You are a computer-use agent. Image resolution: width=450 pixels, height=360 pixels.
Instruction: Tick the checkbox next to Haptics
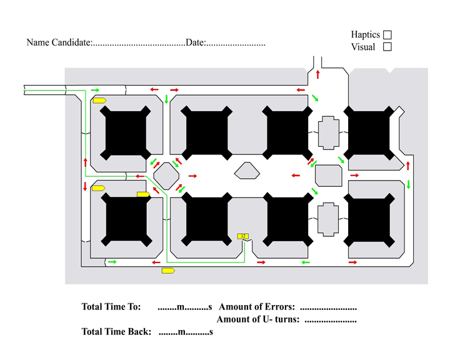click(387, 35)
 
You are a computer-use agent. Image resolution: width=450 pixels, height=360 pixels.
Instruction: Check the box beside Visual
click(387, 46)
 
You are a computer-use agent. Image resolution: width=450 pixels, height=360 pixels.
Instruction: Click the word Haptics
click(365, 35)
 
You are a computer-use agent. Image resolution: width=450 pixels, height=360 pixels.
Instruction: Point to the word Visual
click(363, 47)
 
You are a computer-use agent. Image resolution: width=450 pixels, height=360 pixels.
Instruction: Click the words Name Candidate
click(59, 43)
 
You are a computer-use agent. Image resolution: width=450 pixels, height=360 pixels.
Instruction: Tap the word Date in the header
click(195, 43)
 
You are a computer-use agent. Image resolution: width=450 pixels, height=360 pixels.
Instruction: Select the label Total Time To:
click(111, 307)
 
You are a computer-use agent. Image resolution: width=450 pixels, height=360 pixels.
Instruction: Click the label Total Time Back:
click(116, 332)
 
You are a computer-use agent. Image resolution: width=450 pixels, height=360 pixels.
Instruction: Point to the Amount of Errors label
click(257, 307)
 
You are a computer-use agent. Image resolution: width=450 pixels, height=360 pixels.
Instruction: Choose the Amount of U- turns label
click(258, 320)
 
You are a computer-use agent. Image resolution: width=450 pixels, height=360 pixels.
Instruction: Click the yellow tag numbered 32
click(243, 236)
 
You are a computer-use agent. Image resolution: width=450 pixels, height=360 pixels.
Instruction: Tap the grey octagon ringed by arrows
click(166, 174)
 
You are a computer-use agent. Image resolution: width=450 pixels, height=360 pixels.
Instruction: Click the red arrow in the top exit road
click(317, 75)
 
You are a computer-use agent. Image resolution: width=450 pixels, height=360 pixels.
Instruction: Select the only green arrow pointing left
click(306, 262)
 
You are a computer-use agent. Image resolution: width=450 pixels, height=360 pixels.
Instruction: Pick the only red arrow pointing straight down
click(86, 186)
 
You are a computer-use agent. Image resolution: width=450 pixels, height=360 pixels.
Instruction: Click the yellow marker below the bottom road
click(167, 271)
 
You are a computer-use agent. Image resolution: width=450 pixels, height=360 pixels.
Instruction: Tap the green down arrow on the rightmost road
click(408, 184)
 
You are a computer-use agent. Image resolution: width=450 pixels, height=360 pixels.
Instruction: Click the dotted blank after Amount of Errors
click(328, 307)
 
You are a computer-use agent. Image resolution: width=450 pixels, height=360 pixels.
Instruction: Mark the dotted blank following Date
click(236, 44)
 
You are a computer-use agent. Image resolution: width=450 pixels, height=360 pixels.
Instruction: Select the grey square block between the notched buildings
click(327, 174)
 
